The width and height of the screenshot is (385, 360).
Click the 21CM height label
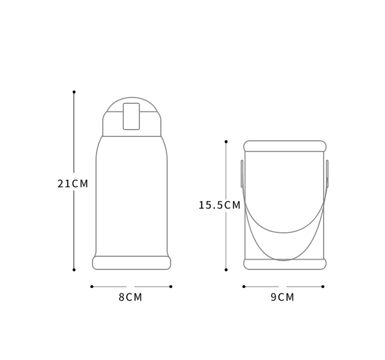pyautogui.click(x=73, y=184)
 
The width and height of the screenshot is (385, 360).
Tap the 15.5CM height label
pyautogui.click(x=219, y=205)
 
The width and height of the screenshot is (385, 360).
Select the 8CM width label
pyautogui.click(x=130, y=297)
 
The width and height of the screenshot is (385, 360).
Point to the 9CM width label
pyautogui.click(x=282, y=297)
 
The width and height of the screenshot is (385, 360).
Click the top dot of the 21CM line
pyautogui.click(x=74, y=92)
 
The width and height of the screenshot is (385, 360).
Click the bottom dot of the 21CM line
pyautogui.click(x=74, y=270)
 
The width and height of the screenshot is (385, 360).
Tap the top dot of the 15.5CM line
pyautogui.click(x=226, y=142)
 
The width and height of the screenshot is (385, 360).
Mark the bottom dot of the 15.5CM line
pyautogui.click(x=226, y=270)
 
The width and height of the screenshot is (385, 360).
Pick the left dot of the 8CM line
pyautogui.click(x=92, y=286)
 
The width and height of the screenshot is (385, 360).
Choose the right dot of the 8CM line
pyautogui.click(x=171, y=286)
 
